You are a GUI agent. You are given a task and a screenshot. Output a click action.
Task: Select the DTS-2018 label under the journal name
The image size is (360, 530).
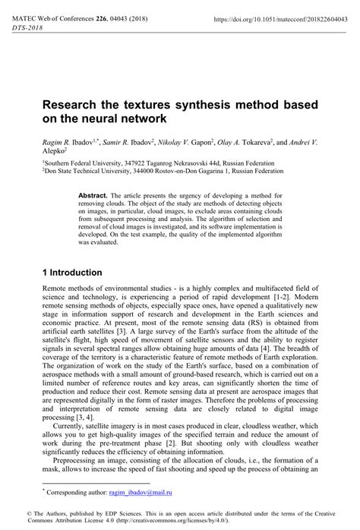(28, 26)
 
